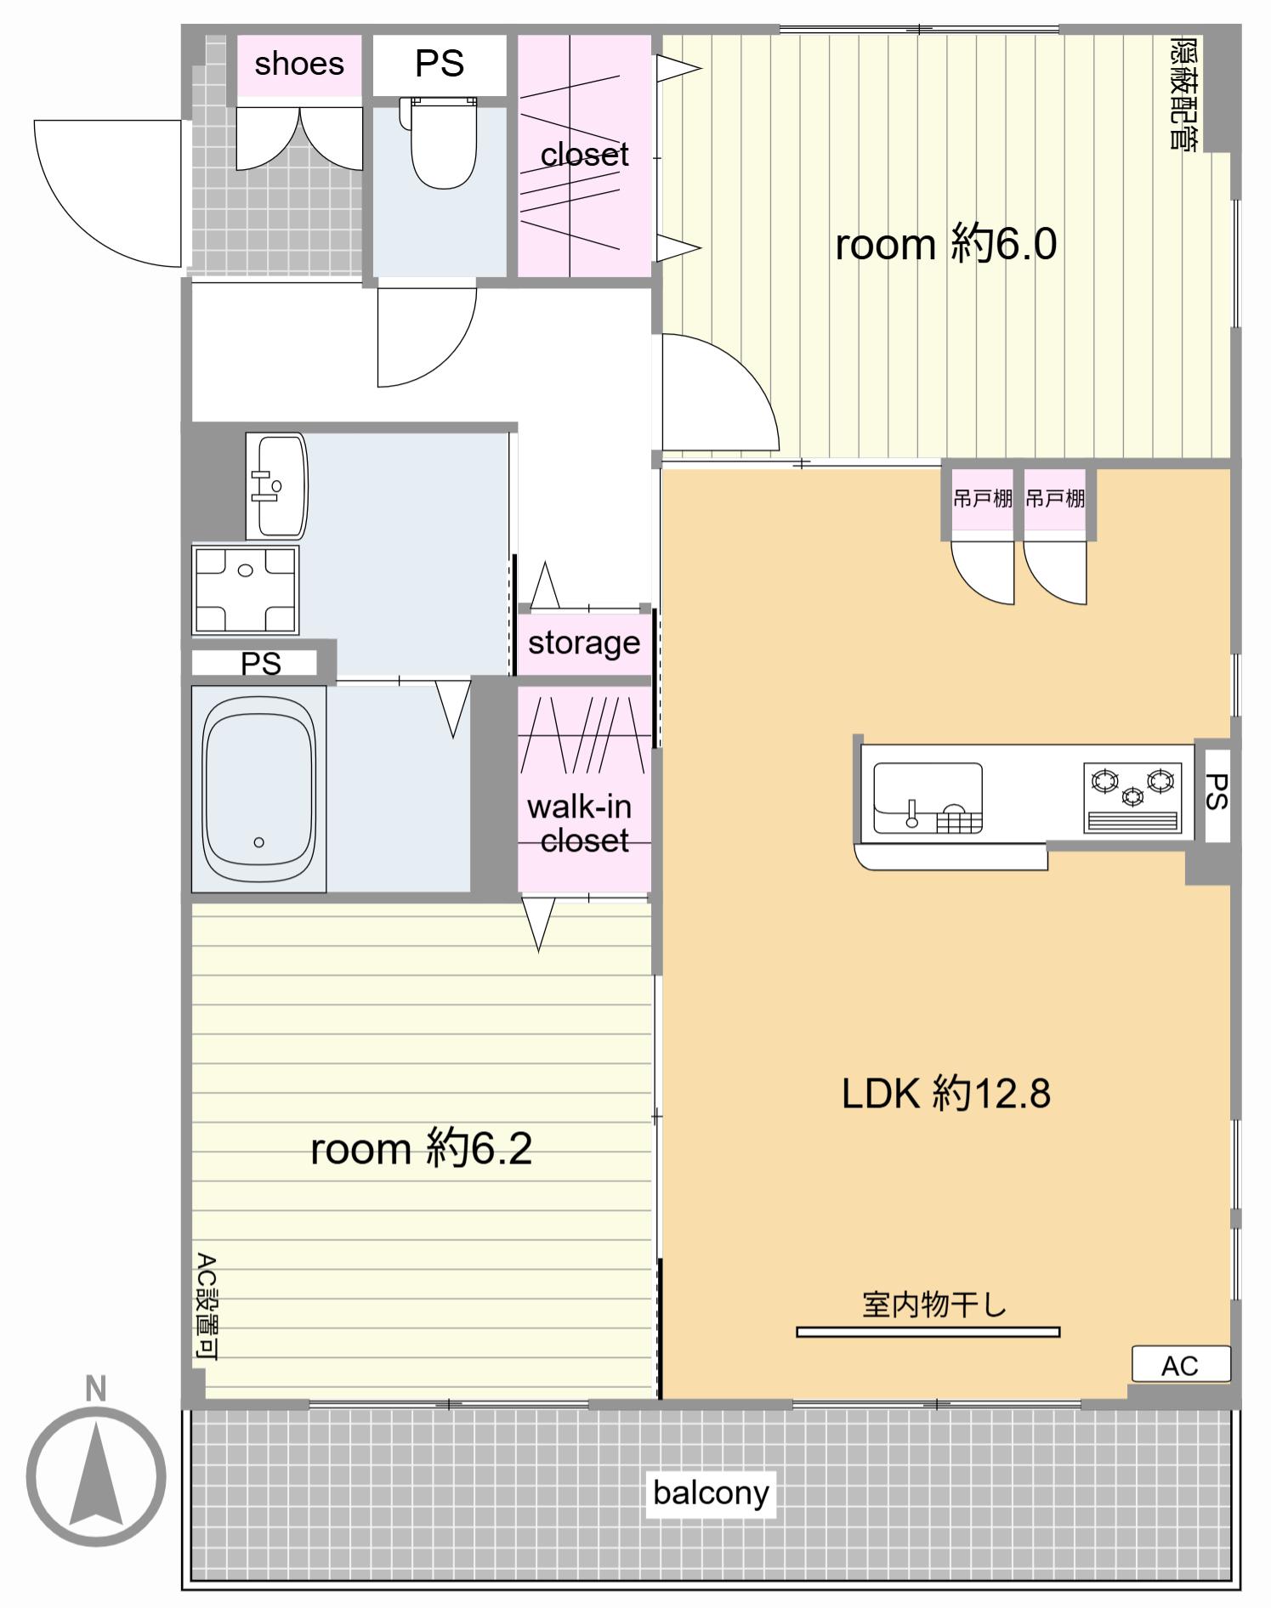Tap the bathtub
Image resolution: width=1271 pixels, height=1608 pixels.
pos(259,790)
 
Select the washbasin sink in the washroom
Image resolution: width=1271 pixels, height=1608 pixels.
pos(276,486)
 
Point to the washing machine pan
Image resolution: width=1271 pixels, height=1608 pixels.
pos(246,590)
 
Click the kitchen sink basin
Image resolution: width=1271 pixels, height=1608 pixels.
pos(928,797)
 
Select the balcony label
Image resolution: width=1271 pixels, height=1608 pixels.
pos(711,1492)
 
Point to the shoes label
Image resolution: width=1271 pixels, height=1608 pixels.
pos(299,64)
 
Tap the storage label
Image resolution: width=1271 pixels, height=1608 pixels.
pos(584,643)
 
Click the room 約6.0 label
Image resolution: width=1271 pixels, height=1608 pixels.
pos(945,244)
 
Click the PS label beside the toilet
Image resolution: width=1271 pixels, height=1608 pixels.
pos(440,64)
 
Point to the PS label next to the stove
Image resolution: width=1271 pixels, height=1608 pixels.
pos(1217,791)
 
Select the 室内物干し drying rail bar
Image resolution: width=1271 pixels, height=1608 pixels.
pos(928,1332)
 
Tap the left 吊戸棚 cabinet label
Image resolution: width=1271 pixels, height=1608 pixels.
pos(983,498)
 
